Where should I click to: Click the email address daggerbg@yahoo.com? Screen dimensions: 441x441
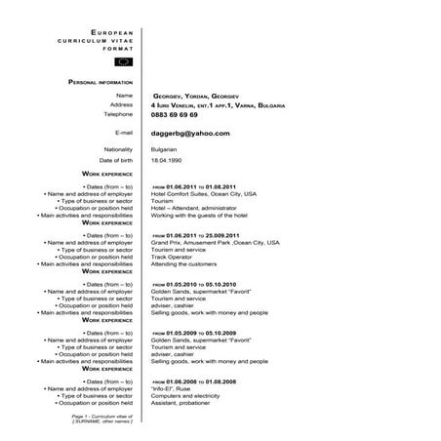(190, 133)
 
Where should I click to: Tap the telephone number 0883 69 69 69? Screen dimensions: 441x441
(176, 114)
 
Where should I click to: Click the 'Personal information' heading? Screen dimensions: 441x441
(100, 82)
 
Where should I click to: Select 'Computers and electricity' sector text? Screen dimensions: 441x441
(186, 395)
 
